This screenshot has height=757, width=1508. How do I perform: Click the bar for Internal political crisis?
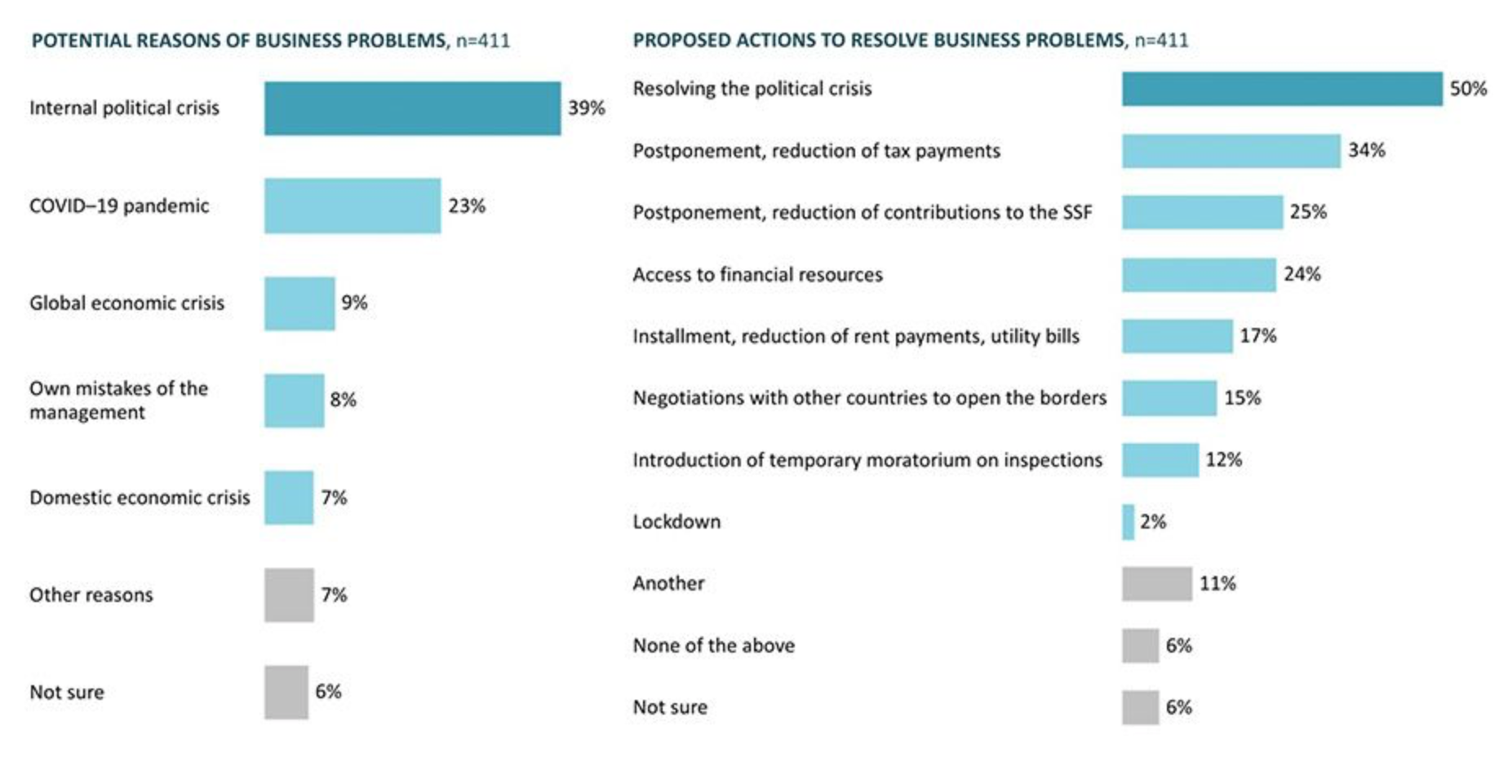[412, 108]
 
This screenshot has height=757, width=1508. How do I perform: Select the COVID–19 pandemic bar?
[353, 206]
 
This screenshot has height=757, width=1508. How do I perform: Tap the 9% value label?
[354, 303]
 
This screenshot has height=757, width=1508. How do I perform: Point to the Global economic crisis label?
[126, 303]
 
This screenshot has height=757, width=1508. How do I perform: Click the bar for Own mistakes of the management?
[294, 401]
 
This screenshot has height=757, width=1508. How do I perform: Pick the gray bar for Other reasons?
[289, 595]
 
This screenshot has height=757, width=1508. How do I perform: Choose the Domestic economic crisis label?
[140, 498]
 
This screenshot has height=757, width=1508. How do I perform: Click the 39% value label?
[586, 108]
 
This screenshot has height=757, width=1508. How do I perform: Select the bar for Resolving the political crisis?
[1281, 89]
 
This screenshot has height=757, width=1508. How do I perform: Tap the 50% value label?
[1468, 89]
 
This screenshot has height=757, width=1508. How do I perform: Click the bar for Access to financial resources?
[1198, 275]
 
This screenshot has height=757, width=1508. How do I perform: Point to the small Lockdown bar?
[1128, 522]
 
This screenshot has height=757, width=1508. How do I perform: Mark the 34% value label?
[1366, 151]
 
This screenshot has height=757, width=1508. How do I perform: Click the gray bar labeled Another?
[1156, 584]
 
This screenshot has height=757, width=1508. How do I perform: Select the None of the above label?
[713, 646]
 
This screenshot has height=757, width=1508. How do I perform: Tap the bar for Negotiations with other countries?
[1169, 398]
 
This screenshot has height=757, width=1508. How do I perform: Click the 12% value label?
[1223, 460]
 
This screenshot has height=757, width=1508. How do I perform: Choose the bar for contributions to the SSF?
[1202, 213]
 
